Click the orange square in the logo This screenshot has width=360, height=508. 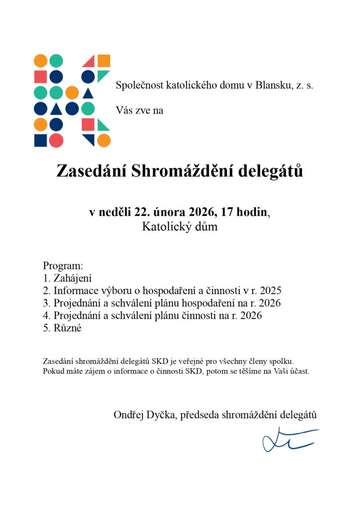104,61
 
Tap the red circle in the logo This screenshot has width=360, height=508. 56,140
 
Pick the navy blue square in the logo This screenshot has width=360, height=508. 40,140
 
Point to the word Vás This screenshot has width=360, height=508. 124,110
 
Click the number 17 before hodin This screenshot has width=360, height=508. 228,212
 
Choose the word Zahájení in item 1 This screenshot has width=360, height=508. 73,278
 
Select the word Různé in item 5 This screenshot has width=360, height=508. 67,328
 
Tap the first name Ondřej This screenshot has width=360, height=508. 128,415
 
